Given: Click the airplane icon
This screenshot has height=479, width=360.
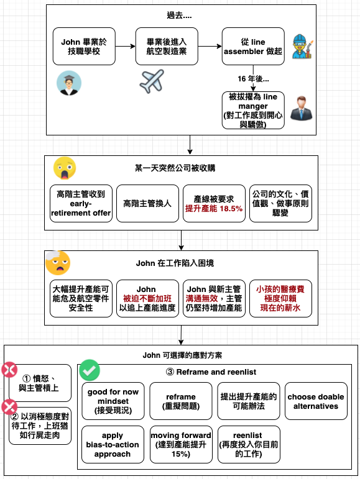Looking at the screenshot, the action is coord(152,81).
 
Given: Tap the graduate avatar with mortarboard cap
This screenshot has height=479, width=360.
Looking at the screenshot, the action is coord(69,83).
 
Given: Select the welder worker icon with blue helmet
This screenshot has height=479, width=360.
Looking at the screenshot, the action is coord(302,46).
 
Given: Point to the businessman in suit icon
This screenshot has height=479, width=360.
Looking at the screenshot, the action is coord(302,108).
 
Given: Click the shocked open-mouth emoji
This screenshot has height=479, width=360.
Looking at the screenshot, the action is coord(65,168).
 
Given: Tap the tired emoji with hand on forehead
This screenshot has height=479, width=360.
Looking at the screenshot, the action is coord(58,263).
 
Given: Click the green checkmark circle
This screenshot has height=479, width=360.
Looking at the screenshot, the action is coord(90,370).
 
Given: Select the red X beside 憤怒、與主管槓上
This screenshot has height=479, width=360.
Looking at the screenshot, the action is coord(9,370).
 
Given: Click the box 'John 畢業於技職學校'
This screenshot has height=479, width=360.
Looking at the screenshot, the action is coord(84,47).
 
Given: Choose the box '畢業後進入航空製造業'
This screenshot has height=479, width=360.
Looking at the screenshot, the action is coord(167,47).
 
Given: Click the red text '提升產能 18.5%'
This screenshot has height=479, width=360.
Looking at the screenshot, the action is coord(214,209).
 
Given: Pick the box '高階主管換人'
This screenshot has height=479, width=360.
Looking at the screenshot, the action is coord(147,203).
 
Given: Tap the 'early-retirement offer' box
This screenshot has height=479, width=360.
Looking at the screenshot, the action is coord(81,203).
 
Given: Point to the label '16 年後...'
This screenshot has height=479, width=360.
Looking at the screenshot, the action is coord(253,79).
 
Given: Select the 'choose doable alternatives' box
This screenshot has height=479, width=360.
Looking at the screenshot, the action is coord(316,401).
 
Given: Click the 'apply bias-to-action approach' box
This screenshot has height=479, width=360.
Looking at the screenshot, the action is coord(113,444).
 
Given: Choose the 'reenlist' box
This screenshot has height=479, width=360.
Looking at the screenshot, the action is coord(249,444).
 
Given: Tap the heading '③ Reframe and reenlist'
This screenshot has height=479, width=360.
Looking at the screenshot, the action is coord(211,372).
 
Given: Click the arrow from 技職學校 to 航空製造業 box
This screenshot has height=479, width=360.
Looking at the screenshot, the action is coord(126,47).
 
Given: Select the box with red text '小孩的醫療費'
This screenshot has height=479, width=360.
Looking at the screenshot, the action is coord(280,298).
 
